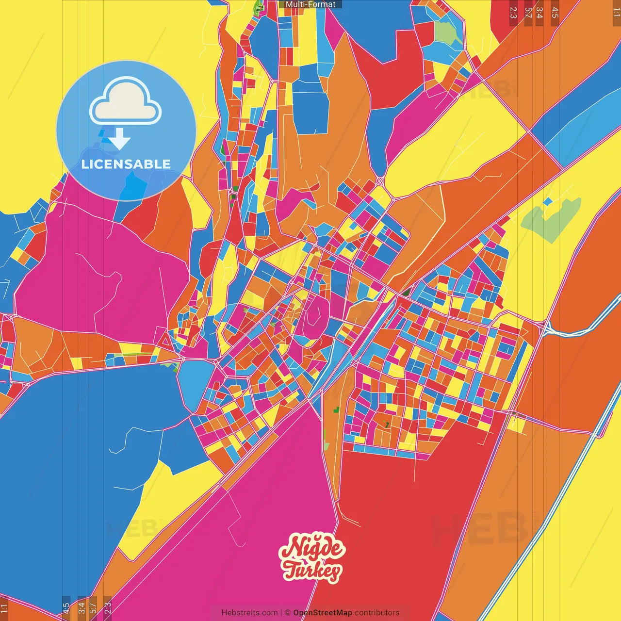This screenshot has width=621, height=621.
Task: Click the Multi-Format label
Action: pos(310,4)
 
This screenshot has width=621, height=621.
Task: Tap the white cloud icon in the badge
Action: pos(126,102)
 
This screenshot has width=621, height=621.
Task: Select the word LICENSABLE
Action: pos(126,164)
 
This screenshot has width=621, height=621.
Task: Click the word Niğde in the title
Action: pos(313,548)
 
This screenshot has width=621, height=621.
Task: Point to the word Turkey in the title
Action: pos(312,571)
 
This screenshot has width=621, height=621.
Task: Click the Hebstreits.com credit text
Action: pos(249,613)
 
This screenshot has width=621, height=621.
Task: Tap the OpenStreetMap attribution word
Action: pos(322,613)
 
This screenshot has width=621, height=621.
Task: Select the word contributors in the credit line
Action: pos(377,613)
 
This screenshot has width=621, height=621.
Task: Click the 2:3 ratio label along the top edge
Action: pos(513,13)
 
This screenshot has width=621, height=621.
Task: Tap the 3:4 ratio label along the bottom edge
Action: pos(82,607)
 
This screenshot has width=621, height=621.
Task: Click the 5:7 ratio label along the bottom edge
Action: pos(93,607)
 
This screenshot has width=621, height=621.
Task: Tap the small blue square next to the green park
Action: pos(547,201)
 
